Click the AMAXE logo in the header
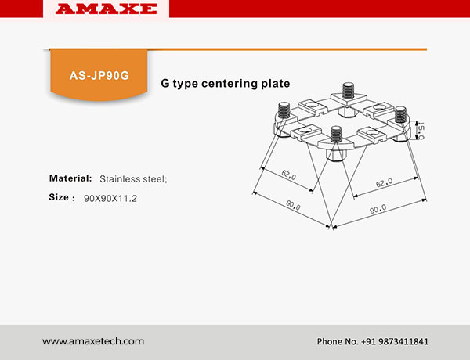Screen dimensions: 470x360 pos(106,9)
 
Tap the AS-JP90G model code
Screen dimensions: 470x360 pos(99,75)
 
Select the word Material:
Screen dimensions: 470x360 pos(70,178)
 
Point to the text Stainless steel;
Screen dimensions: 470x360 pos(133,179)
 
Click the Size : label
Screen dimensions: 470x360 pos(62,197)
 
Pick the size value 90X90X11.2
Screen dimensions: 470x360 pos(110,198)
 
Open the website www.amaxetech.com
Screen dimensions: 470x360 pos(93,341)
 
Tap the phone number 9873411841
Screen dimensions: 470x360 pos(403,341)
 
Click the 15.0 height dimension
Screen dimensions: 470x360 pos(421,130)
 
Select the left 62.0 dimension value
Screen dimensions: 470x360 pos(288,175)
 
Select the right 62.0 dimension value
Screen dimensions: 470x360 pos(384,182)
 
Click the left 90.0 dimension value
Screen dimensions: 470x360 pos(293,205)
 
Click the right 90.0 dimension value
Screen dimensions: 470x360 pos(378,209)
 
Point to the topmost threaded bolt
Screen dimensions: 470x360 pos(348,91)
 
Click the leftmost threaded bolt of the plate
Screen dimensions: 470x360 pos(284,110)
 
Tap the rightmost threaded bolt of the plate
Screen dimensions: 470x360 pos(400,115)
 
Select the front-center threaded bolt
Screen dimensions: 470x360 pos(336,134)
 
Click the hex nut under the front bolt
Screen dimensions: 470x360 pos(336,155)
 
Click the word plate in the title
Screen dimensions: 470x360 pos(276,83)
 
